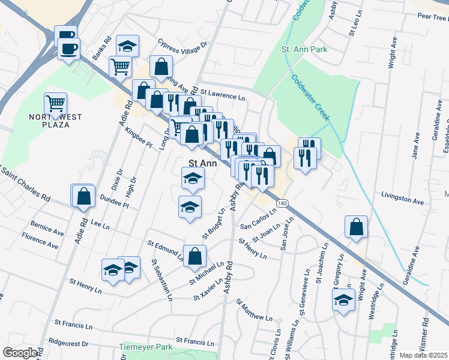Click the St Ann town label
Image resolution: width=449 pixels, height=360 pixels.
pos(202,163)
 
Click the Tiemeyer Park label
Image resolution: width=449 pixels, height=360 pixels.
pos(145,347)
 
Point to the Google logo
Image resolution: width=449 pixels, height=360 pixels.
pos(20,353)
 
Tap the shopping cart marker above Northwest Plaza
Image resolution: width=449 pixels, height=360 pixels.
pos(56,103)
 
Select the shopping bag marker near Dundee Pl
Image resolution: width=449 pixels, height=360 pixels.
pos(83,195)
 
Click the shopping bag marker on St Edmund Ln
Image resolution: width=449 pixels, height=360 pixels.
pos(195,256)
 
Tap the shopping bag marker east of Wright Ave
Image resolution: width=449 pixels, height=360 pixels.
pos(357,227)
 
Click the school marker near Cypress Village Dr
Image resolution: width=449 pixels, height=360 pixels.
pos(127,46)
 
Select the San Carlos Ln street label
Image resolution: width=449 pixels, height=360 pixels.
pos(258,219)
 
